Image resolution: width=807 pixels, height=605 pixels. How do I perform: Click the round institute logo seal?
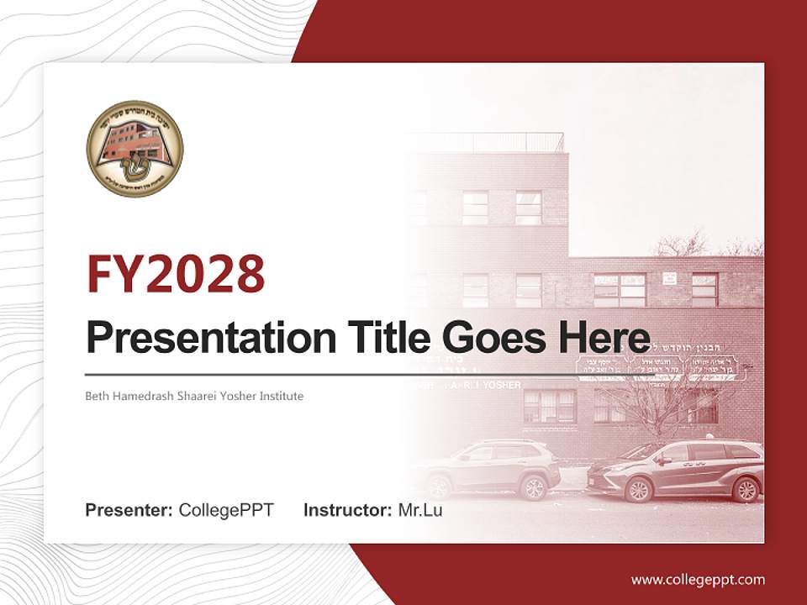(x=134, y=148)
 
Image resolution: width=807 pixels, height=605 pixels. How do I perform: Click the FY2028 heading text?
(x=176, y=274)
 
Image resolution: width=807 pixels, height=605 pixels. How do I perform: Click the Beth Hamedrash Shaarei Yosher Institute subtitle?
(x=194, y=396)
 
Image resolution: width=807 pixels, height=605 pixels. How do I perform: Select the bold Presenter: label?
(x=129, y=510)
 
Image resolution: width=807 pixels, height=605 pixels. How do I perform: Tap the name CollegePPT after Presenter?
(x=226, y=510)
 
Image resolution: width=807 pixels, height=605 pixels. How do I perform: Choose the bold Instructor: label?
(x=348, y=510)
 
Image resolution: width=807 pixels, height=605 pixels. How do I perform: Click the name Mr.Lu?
(x=419, y=510)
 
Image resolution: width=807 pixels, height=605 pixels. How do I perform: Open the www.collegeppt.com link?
(x=698, y=579)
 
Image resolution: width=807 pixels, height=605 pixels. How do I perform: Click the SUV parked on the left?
(x=488, y=466)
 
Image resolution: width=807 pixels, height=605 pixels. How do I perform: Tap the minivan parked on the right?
(x=677, y=471)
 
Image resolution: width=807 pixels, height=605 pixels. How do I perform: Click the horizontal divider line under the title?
(x=336, y=373)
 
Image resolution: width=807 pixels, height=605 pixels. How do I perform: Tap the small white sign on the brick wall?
(x=669, y=278)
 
